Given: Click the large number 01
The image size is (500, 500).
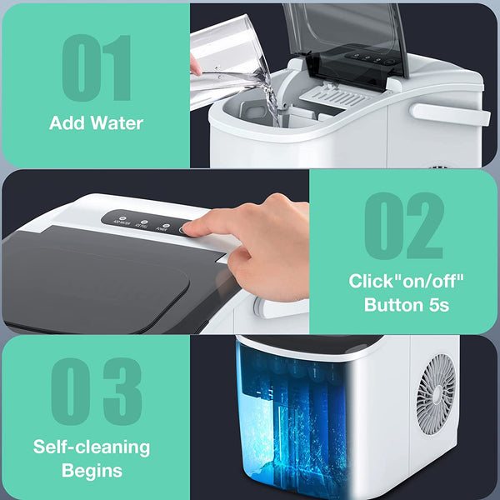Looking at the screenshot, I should tap(97, 69).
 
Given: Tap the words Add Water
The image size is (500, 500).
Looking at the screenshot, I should tap(96, 123).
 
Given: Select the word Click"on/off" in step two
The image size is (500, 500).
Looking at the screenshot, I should tap(405, 282).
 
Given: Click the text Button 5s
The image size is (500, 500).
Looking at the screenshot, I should tap(406, 305).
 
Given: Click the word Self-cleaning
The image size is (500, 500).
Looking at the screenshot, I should tap(91, 446).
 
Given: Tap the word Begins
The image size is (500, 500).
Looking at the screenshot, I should tap(92, 470).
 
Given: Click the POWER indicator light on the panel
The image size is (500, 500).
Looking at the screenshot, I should tap(165, 226).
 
